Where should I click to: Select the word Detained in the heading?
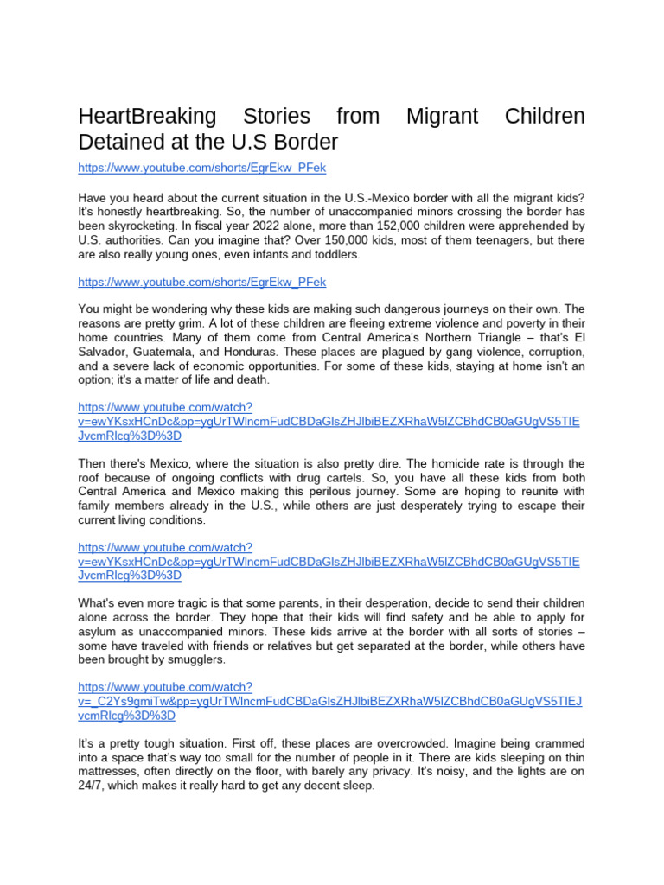(x=118, y=141)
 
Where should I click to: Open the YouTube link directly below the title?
(x=201, y=168)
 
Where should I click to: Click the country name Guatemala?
(x=166, y=352)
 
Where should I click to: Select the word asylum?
(x=99, y=632)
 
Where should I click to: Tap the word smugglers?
(x=199, y=659)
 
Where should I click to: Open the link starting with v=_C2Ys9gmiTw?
(x=329, y=701)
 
